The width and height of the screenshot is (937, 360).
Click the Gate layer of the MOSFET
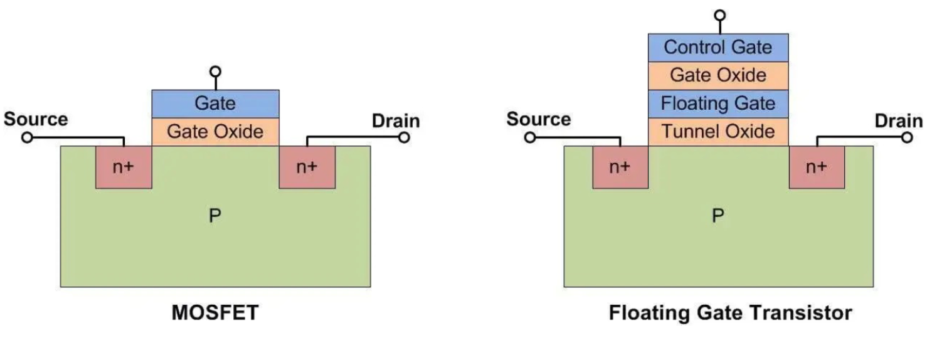tap(215, 103)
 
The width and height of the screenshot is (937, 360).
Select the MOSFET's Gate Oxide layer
tap(215, 132)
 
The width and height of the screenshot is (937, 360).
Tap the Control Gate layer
tap(717, 48)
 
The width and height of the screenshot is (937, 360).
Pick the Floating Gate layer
tap(717, 103)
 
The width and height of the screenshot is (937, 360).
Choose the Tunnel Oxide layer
tap(717, 132)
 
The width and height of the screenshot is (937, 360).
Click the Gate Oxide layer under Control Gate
tap(717, 76)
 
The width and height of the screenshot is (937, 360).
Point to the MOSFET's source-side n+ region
tap(124, 167)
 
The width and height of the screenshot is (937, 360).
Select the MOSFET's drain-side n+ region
tap(307, 167)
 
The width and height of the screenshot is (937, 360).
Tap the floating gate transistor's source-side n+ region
tap(620, 167)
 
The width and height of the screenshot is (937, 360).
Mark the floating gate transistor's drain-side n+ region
tap(816, 167)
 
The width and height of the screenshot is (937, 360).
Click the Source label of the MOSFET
tap(36, 119)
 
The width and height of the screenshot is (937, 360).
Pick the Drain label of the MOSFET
tap(396, 120)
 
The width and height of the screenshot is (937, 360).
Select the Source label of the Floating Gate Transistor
tap(539, 119)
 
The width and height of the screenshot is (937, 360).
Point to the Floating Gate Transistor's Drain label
tap(899, 120)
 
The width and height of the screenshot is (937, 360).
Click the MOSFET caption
tap(214, 313)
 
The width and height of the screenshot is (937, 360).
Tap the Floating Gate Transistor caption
tap(731, 313)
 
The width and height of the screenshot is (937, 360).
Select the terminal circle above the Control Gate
tap(720, 14)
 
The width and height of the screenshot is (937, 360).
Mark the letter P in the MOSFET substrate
tap(214, 216)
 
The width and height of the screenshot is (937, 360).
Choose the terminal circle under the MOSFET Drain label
tap(404, 137)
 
